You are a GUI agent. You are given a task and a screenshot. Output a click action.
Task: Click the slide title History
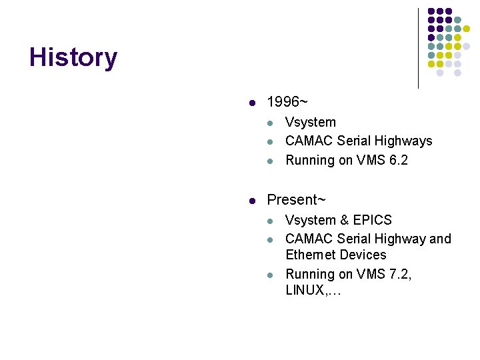pyautogui.click(x=73, y=58)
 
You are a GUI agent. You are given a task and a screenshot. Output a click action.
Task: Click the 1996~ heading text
pyautogui.click(x=287, y=103)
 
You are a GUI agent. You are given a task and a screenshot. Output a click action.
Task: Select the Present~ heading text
pyautogui.click(x=296, y=200)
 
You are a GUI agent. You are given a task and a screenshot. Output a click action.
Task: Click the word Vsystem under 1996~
pyautogui.click(x=311, y=122)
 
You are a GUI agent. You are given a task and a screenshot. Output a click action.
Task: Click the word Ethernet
pyautogui.click(x=310, y=255)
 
